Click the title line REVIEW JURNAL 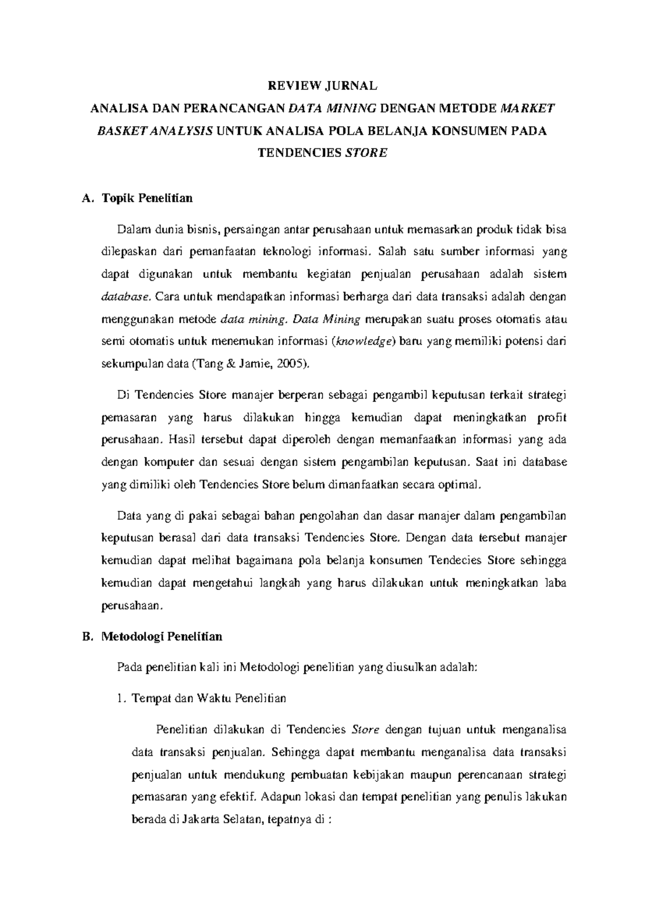(323, 86)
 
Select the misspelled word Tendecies (457, 560)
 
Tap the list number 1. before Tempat (120, 699)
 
